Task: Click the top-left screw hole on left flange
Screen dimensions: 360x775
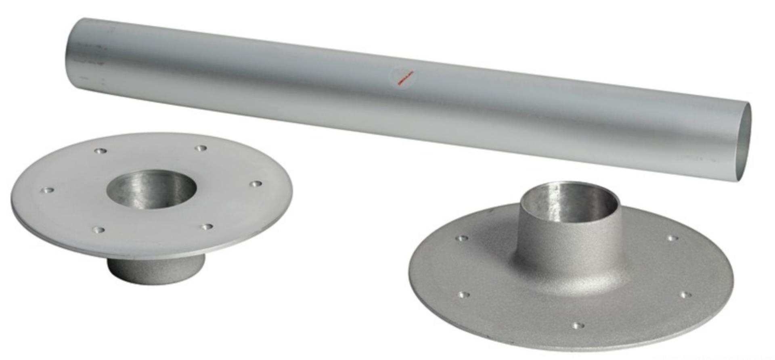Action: click(100, 151)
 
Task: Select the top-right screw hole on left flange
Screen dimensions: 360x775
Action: click(201, 149)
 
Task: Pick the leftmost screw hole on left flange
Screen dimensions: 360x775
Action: click(48, 190)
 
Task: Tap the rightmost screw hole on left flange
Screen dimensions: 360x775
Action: click(255, 184)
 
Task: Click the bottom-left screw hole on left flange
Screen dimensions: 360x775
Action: click(98, 230)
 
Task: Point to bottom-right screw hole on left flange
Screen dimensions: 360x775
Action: click(207, 227)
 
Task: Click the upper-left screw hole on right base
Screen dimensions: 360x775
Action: click(462, 238)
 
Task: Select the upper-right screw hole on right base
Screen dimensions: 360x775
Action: click(672, 238)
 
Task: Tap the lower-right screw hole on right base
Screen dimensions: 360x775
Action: click(685, 295)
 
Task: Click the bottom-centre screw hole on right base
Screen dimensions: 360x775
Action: click(578, 325)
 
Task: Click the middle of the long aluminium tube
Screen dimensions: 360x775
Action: click(404, 97)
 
